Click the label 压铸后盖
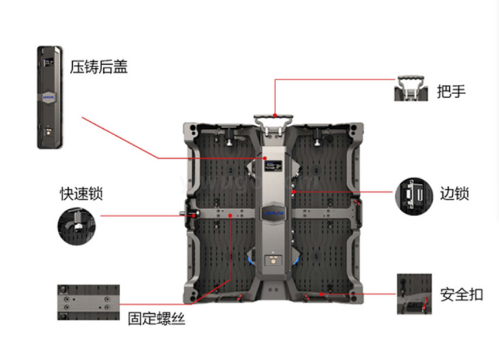[x=99, y=67]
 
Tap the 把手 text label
[x=451, y=91]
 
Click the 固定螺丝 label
[x=157, y=318]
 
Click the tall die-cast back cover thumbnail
[x=50, y=97]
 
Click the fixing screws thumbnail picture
[x=88, y=302]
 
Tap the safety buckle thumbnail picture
[x=414, y=294]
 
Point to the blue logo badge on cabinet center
[x=274, y=211]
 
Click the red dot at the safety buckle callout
[x=322, y=294]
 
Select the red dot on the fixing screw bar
[x=231, y=216]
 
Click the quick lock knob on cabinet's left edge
[x=189, y=215]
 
